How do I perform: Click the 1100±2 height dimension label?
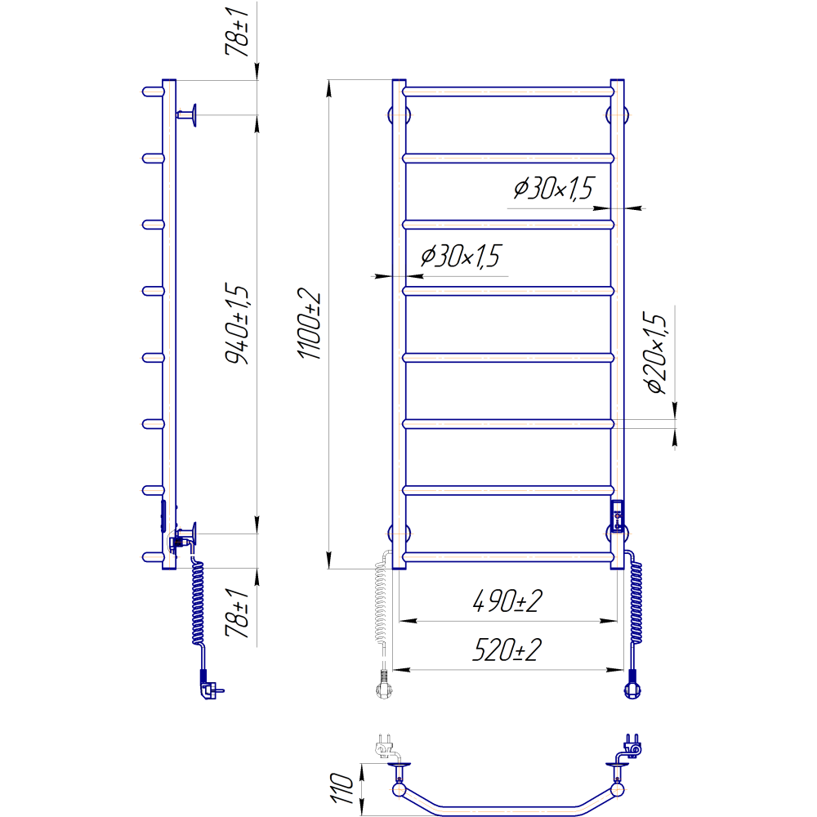coord(309,325)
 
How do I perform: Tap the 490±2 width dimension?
coord(507,600)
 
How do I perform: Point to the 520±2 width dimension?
coord(507,650)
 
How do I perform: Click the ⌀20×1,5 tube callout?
coord(656,353)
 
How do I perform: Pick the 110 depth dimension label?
coord(342,788)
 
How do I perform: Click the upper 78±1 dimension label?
coord(237,32)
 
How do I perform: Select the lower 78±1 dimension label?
coord(237,613)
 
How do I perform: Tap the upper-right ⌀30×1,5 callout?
coord(553,188)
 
